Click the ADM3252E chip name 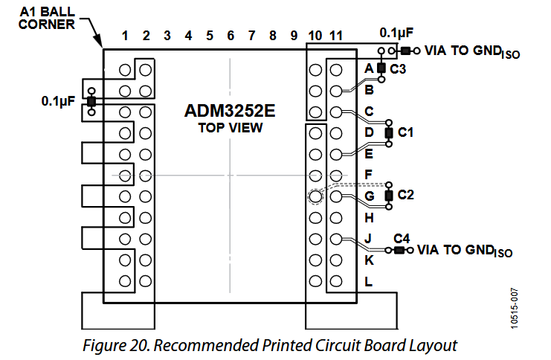[x=230, y=111]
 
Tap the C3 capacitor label [x=398, y=69]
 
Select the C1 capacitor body [x=389, y=133]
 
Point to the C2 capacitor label [x=405, y=195]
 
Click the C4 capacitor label [x=402, y=239]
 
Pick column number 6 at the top [x=231, y=36]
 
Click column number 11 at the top [x=336, y=36]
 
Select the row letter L [x=368, y=282]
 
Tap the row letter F [x=368, y=174]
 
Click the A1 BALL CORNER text [x=47, y=18]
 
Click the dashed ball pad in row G [x=315, y=196]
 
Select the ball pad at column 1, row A [x=125, y=70]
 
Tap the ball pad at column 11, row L [x=336, y=281]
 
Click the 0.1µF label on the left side [x=58, y=101]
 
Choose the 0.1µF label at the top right [x=396, y=33]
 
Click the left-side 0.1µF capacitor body [x=91, y=102]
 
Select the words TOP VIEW [x=231, y=128]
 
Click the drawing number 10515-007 [x=514, y=309]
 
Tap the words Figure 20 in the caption [x=116, y=346]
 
